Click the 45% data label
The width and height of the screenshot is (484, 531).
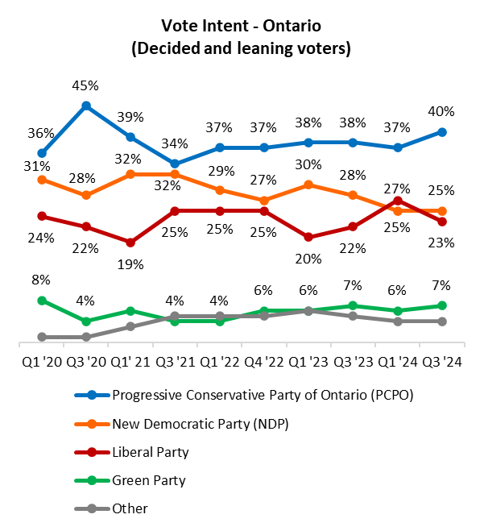[x=86, y=85]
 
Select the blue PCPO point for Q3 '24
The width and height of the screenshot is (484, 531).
[x=442, y=132]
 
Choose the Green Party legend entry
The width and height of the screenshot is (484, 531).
[x=149, y=480]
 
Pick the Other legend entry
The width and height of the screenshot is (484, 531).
[x=130, y=508]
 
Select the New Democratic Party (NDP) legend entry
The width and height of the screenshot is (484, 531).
[x=201, y=424]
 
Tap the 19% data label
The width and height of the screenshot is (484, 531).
[x=130, y=263]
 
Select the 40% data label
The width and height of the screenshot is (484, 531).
[x=442, y=111]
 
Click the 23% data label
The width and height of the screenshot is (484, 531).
[x=442, y=242]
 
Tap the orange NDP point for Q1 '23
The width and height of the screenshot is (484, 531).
[x=308, y=185]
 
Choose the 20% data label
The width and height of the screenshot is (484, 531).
[x=308, y=259]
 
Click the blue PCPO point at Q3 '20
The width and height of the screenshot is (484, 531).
[x=86, y=106]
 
